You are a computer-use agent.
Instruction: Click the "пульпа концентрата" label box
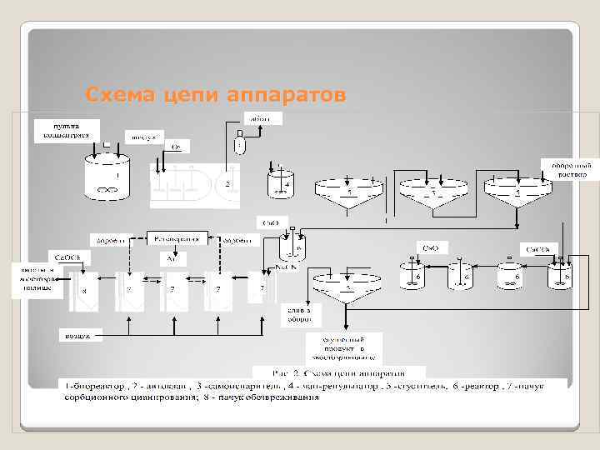click(x=66, y=130)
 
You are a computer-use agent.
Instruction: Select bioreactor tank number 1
click(x=106, y=179)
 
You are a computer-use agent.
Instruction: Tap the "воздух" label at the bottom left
click(x=78, y=334)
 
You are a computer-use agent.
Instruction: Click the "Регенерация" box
click(x=176, y=238)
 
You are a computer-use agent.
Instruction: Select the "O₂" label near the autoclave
click(x=177, y=147)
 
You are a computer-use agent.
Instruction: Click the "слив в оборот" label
click(x=301, y=313)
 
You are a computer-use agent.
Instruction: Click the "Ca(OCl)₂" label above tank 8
click(x=67, y=257)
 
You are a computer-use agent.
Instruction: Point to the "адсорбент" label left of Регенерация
click(x=111, y=240)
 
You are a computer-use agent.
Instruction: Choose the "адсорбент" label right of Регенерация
click(x=240, y=240)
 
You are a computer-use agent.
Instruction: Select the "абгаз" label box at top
click(x=262, y=118)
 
